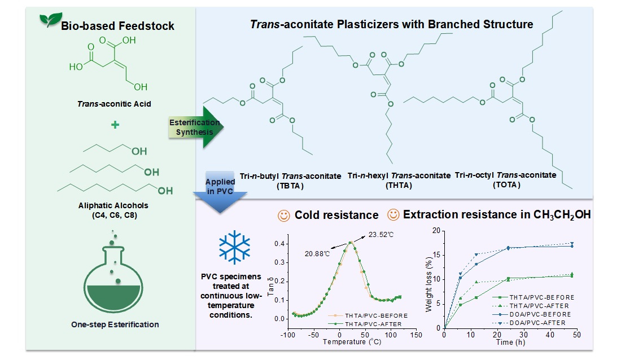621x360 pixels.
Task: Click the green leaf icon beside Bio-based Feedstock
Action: click(x=50, y=19)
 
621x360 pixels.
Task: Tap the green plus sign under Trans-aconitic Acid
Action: click(x=115, y=125)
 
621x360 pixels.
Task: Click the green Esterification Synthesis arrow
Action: click(x=196, y=127)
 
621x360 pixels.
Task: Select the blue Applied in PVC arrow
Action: click(x=220, y=192)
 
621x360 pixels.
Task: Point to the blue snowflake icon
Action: click(x=234, y=247)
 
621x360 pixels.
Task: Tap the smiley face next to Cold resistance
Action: click(x=283, y=216)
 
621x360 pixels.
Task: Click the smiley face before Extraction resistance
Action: click(x=393, y=214)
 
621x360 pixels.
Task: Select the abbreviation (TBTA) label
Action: click(x=290, y=186)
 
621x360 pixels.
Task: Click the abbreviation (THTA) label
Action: click(x=399, y=185)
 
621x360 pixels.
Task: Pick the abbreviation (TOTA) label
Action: click(x=506, y=185)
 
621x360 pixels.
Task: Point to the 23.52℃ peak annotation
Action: click(x=381, y=235)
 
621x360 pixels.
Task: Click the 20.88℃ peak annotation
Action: click(x=317, y=253)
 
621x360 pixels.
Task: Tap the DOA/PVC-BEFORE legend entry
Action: click(x=532, y=314)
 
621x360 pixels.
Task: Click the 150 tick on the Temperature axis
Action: click(x=416, y=335)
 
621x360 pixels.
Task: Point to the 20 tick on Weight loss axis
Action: click(x=436, y=230)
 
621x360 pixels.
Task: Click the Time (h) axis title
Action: click(x=510, y=342)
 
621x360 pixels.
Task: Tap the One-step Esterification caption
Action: click(x=115, y=324)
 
